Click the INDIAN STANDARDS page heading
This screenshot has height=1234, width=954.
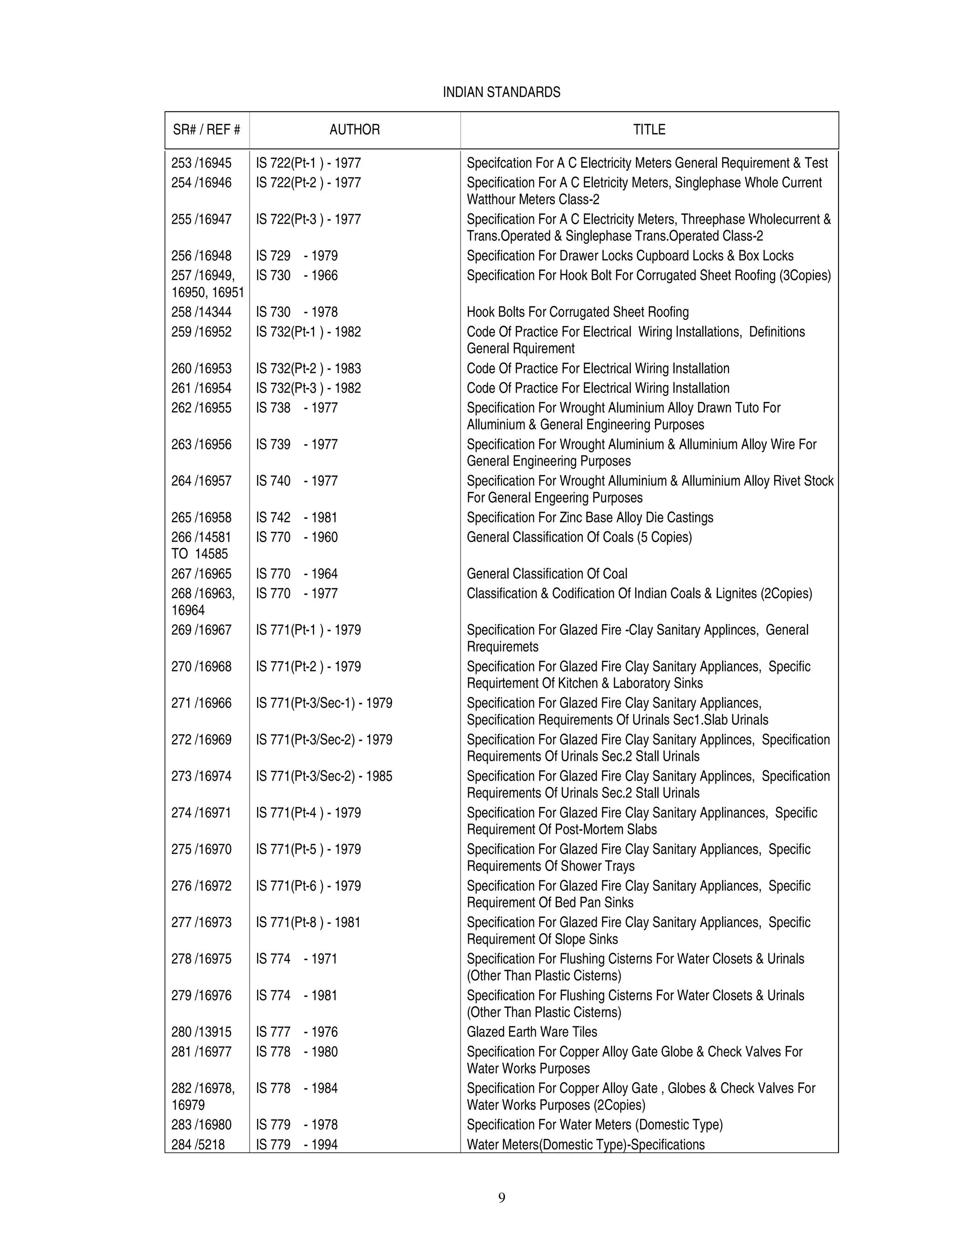(501, 92)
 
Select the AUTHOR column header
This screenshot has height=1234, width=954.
(354, 129)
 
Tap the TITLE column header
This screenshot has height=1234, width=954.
(649, 129)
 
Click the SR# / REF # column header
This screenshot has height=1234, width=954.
(206, 129)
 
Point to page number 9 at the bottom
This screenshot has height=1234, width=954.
(501, 1197)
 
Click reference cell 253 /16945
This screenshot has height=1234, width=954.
(201, 163)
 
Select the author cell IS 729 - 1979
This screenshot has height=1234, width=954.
(297, 256)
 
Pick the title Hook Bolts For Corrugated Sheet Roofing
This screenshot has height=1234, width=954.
(578, 312)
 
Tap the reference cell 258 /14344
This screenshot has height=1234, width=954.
(201, 312)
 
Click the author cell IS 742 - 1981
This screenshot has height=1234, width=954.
(297, 517)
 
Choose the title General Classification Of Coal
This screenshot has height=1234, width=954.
(546, 574)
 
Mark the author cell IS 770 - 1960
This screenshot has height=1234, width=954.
(297, 537)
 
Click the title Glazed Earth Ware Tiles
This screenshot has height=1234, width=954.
(532, 1032)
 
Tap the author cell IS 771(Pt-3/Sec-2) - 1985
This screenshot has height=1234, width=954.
(324, 776)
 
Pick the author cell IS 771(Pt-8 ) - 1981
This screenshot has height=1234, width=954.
(308, 922)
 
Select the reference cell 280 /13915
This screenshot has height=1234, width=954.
(201, 1032)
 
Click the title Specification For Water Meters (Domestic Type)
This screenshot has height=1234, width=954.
(594, 1125)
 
